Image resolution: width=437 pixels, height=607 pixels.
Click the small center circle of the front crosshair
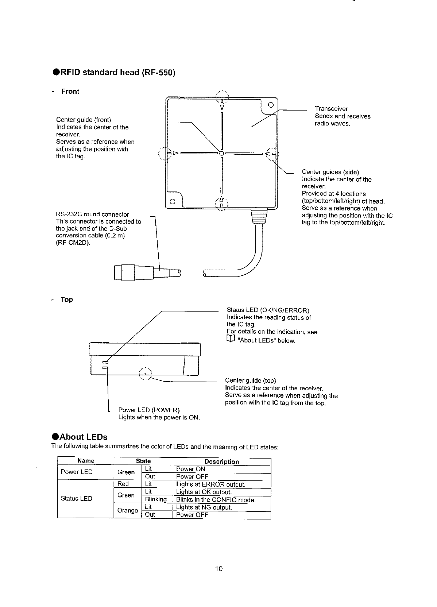pos(221,153)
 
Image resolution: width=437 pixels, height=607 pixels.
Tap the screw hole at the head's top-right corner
pos(270,106)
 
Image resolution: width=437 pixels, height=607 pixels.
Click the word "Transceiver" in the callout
pos(331,109)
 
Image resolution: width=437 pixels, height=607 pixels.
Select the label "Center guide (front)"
pos(84,120)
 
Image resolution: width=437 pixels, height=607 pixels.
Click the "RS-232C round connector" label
pos(92,214)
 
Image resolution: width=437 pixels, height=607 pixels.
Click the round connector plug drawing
pos(135,272)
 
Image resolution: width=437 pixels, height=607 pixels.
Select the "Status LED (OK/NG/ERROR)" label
pos(268,310)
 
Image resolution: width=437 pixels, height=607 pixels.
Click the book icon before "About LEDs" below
pos(230,340)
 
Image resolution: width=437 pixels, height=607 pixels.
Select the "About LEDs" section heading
pos(84,437)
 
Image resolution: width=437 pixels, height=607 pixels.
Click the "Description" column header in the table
pos(221,461)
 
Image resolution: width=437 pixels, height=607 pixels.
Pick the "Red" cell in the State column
pos(123,484)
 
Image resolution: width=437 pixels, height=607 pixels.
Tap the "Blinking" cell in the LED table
pos(156,499)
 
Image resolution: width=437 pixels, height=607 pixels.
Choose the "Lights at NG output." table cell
pos(204,507)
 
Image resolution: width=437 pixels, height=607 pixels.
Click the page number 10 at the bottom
pos(219,569)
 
